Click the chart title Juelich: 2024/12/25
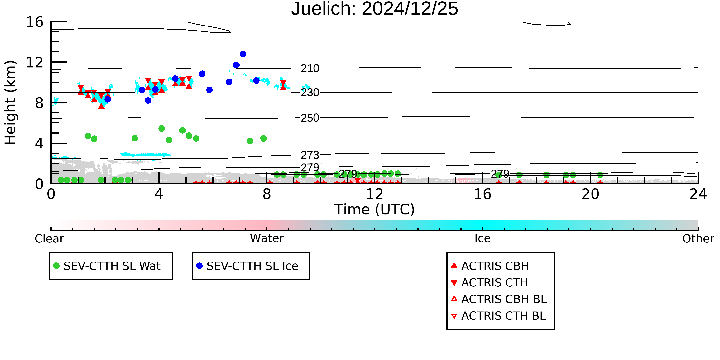pyautogui.click(x=375, y=9)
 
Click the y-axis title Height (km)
pyautogui.click(x=10, y=103)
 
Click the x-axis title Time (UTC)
pyautogui.click(x=375, y=209)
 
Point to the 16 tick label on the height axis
pyautogui.click(x=35, y=22)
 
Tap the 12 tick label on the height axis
pyautogui.click(x=35, y=62)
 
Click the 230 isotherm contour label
pyautogui.click(x=310, y=93)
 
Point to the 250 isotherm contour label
pyautogui.click(x=310, y=118)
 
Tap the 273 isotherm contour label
pyautogui.click(x=310, y=155)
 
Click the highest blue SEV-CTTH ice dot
pyautogui.click(x=243, y=54)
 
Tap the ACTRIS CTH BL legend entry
pyautogui.click(x=498, y=316)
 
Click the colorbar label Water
pyautogui.click(x=267, y=238)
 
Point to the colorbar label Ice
pyautogui.click(x=482, y=238)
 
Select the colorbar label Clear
pyautogui.click(x=49, y=239)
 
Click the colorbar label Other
pyautogui.click(x=698, y=239)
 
